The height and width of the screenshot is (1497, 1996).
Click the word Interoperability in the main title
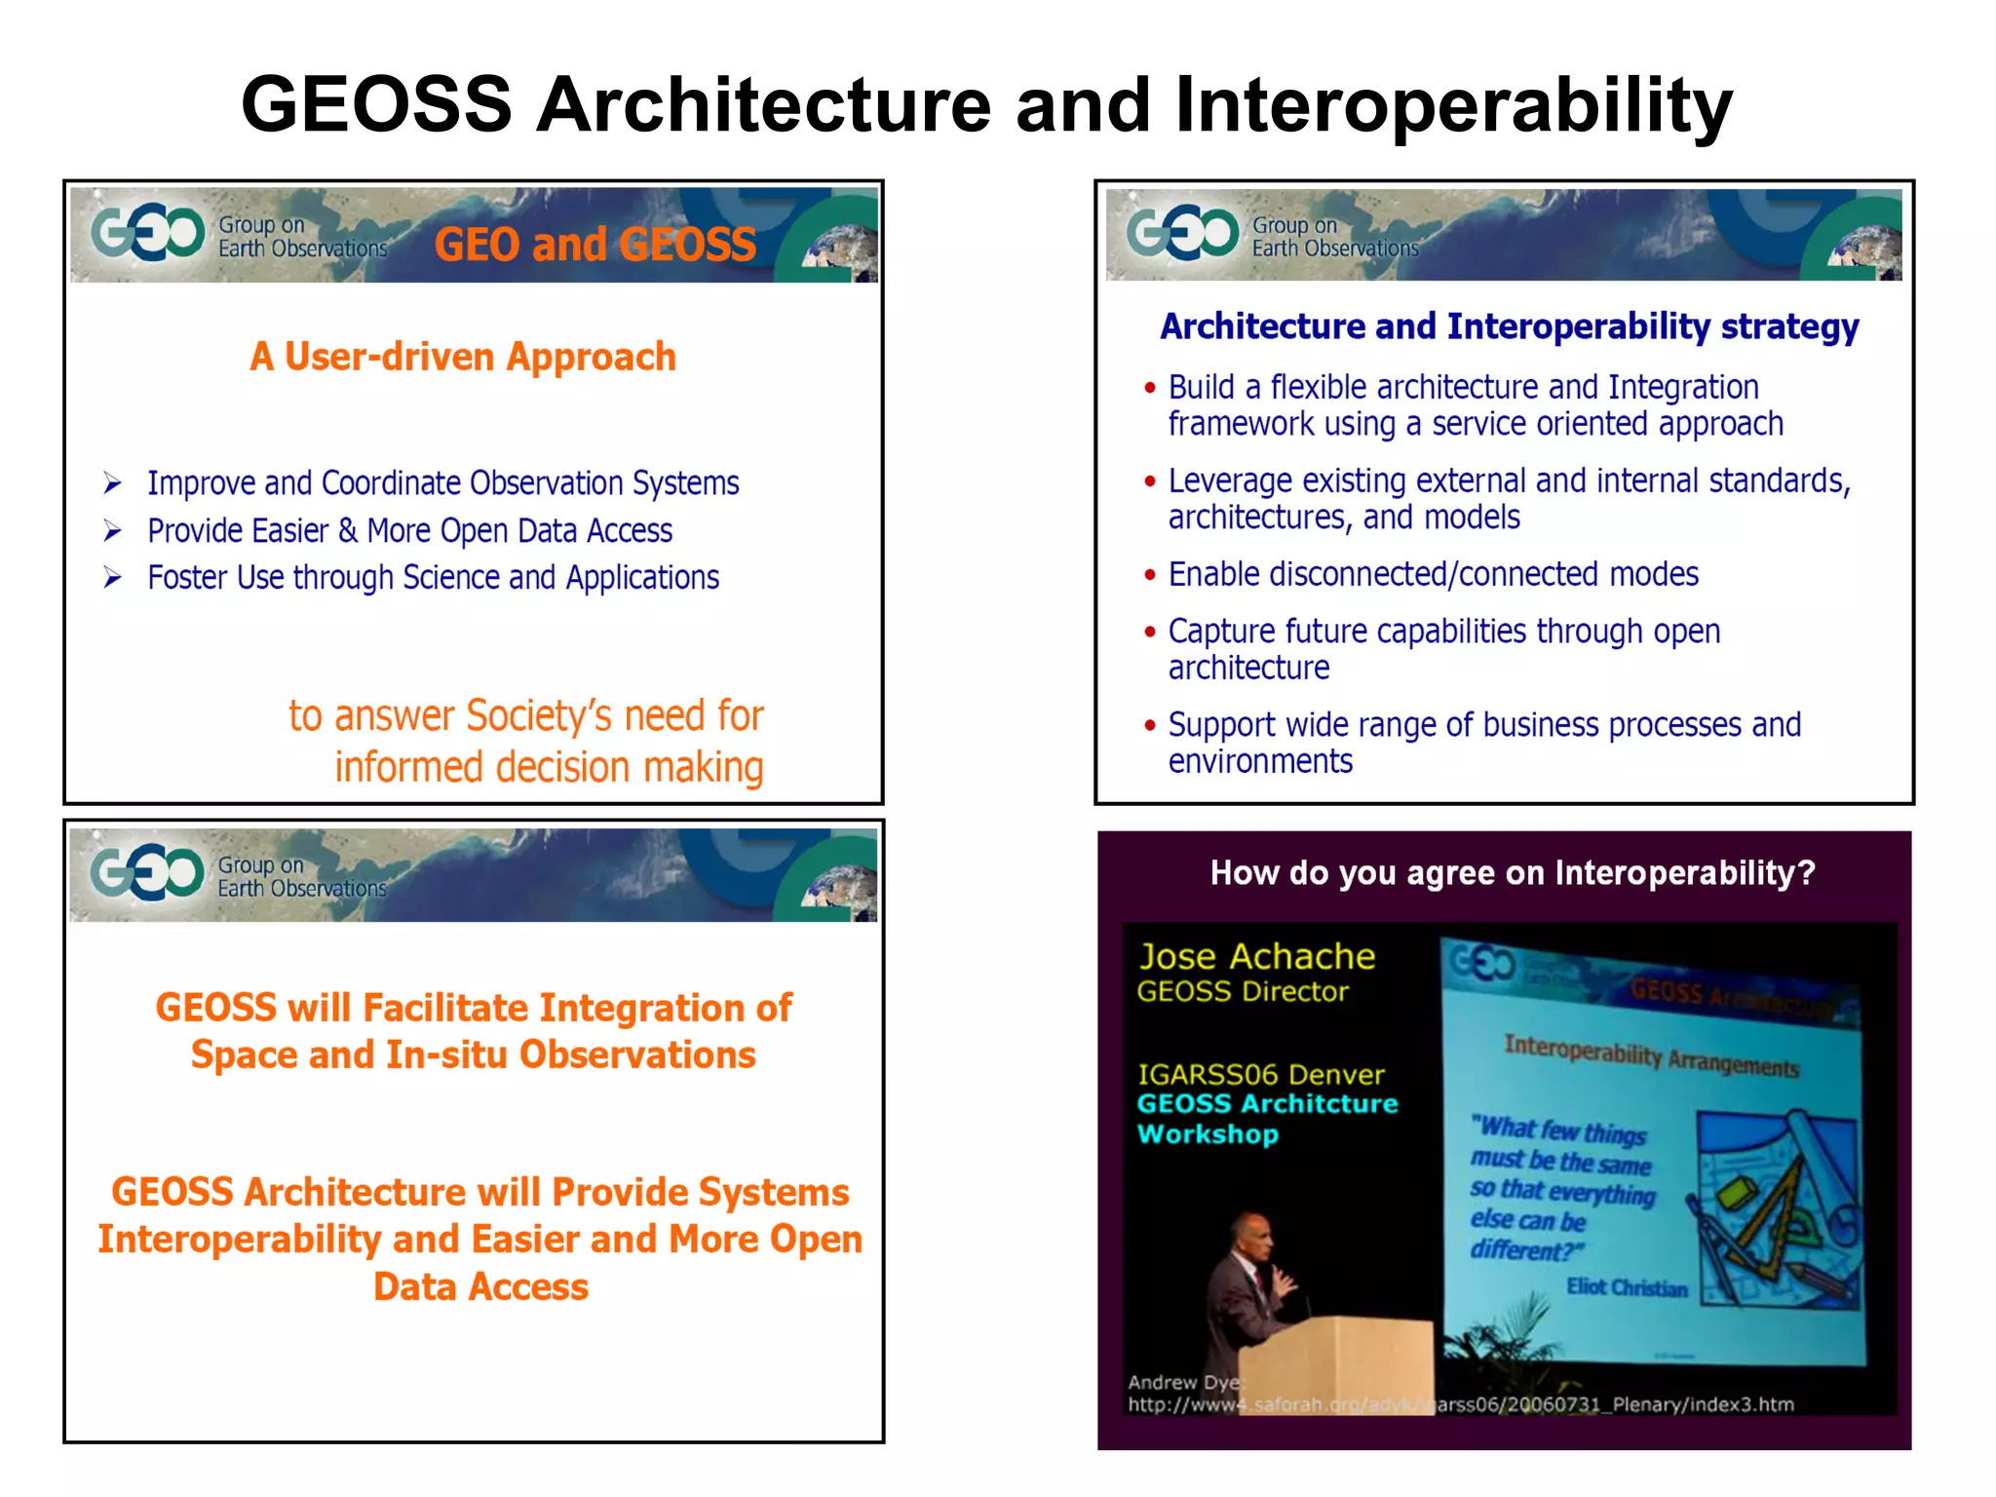point(1453,105)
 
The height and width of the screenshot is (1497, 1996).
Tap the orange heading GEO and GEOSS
point(595,244)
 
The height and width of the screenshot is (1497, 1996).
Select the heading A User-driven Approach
point(463,357)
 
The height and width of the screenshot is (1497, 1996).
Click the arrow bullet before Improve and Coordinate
point(113,483)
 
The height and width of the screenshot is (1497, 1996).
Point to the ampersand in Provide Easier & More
point(347,531)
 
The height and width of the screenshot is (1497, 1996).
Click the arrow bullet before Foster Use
point(113,578)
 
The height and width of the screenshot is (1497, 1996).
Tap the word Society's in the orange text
point(538,716)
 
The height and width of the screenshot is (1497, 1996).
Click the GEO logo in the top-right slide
point(1182,232)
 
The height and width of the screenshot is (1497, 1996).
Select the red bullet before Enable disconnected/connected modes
point(1150,575)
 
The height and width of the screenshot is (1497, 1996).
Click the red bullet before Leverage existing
point(1150,481)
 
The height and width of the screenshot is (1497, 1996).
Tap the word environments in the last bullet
point(1260,762)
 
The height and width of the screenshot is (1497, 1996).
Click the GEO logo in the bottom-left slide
point(147,871)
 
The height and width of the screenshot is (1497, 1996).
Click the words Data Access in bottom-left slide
point(480,1287)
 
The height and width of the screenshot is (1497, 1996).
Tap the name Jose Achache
point(1257,957)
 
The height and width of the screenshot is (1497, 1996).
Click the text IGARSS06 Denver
point(1261,1075)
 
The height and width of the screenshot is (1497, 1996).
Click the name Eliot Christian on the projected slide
point(1627,1287)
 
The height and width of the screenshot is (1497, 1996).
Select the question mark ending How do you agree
point(1807,872)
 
